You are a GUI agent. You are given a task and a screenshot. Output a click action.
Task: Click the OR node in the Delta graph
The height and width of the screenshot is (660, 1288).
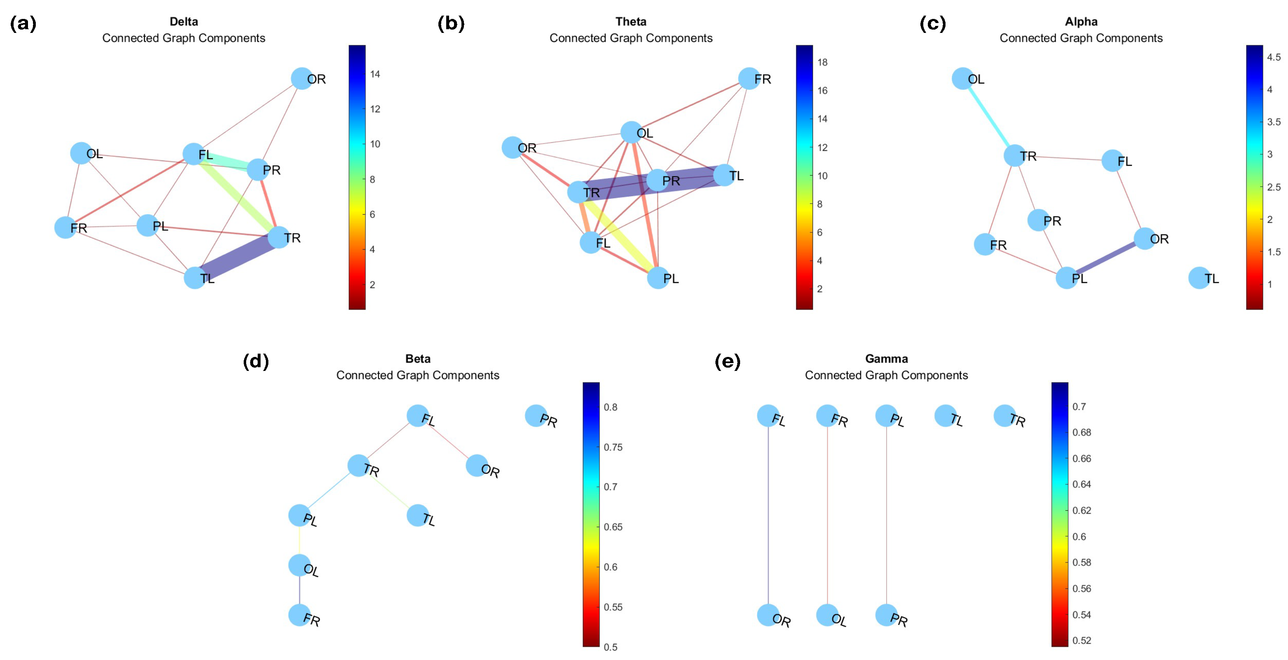pos(301,79)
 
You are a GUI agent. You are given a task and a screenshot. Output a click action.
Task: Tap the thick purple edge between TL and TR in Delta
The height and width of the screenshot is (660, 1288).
pos(237,258)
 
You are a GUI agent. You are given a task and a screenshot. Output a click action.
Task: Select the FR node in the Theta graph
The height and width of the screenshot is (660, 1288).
pos(749,79)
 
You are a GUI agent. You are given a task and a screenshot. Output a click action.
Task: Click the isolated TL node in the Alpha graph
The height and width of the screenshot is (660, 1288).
pos(1199,278)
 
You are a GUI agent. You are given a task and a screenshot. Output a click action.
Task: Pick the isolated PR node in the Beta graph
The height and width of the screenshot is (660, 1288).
pos(536,416)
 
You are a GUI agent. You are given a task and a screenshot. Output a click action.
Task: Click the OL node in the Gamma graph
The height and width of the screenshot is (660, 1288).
pos(827,615)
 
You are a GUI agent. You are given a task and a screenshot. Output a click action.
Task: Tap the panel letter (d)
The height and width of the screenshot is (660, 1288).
pos(256,361)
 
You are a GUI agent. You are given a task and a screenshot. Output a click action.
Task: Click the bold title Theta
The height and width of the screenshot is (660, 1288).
pos(631,21)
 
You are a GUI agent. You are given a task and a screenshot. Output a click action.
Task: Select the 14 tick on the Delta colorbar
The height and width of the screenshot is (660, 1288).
pos(375,74)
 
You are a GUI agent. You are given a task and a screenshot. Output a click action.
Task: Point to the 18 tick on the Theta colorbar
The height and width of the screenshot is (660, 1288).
pos(822,62)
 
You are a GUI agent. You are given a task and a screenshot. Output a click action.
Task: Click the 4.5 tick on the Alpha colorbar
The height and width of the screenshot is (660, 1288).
pos(1274,57)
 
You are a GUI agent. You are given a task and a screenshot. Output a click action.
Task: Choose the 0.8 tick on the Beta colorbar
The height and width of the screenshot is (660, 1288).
pos(610,407)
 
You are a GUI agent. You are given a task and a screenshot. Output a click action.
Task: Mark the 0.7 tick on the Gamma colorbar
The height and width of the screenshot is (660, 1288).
pos(1079,407)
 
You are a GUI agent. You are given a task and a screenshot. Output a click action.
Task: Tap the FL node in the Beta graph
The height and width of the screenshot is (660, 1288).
pos(417,416)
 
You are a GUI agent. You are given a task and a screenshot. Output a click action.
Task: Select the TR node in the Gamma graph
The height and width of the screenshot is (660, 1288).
pos(1004,416)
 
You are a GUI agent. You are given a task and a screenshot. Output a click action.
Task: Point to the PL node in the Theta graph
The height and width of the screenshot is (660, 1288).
pos(658,278)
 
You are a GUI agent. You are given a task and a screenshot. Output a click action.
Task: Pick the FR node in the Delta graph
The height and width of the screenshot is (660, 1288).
pos(65,227)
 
